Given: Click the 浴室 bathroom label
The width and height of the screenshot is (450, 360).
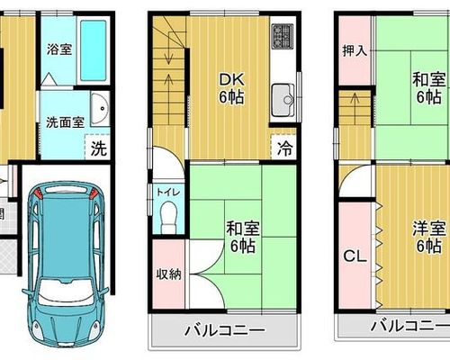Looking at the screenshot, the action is [x=59, y=49].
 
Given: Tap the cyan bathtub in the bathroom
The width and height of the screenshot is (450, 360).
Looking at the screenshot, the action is [x=94, y=50].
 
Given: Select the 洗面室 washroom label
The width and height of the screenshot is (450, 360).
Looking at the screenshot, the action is [x=65, y=122].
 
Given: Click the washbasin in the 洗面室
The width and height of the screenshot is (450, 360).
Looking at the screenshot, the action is [x=100, y=109].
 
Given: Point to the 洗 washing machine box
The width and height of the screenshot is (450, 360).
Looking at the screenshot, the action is [x=98, y=147].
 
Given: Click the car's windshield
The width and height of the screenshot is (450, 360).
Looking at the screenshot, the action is [x=65, y=289].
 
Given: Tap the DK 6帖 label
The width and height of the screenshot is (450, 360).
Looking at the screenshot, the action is [x=231, y=88].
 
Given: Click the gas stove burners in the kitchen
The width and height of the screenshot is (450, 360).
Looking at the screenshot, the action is [x=283, y=36].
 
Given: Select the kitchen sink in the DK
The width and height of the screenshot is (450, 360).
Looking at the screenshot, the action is [x=283, y=100].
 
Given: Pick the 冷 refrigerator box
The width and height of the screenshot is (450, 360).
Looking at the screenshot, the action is [x=284, y=148].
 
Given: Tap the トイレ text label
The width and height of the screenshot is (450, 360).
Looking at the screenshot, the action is [x=168, y=192].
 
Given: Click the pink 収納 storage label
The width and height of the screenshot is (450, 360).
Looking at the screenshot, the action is [x=168, y=274].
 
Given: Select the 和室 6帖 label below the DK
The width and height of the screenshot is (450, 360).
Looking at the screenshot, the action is [x=243, y=237].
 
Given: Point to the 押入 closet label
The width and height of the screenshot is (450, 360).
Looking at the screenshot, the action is [x=355, y=50].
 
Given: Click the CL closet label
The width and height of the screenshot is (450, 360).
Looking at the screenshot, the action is [x=355, y=256].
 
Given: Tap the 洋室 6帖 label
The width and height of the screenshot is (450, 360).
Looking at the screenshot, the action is [x=428, y=237].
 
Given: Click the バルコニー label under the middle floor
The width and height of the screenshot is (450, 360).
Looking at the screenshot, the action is [x=225, y=330].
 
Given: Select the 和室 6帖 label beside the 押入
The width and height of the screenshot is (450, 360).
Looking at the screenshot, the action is [x=428, y=88].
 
